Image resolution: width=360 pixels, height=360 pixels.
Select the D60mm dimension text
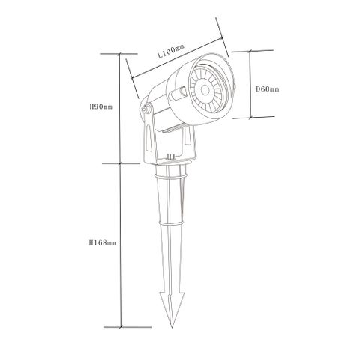point(268,89)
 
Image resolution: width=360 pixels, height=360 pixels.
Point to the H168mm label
point(100,243)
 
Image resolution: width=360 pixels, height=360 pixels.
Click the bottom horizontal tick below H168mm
point(120,327)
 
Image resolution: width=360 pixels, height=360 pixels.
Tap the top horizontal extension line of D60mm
point(240,50)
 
